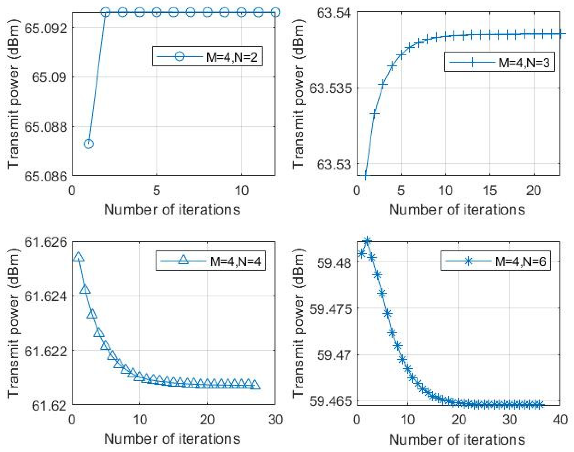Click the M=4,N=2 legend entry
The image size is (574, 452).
coord(207,56)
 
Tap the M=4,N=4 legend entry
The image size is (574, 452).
coord(210,261)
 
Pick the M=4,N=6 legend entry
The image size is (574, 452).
coord(495,261)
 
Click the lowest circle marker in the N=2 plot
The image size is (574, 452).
coord(88,144)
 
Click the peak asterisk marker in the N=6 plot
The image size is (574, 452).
coord(367,241)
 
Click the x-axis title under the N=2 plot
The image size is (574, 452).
coord(172,209)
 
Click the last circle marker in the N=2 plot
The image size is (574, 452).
coord(275,12)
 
